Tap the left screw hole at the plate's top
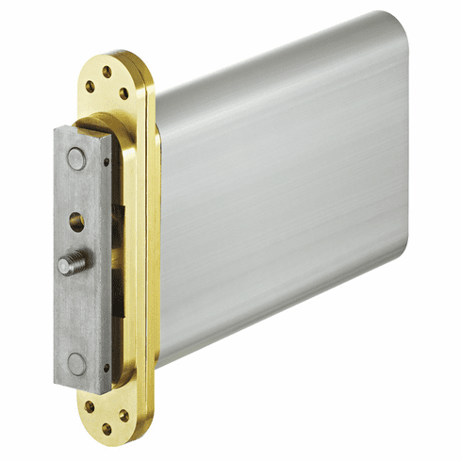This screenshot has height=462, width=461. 91,86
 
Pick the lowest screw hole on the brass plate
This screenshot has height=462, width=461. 107,430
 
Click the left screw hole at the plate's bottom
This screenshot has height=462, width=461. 91,407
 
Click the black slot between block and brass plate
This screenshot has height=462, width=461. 118,283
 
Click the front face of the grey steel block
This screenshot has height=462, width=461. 75,302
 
